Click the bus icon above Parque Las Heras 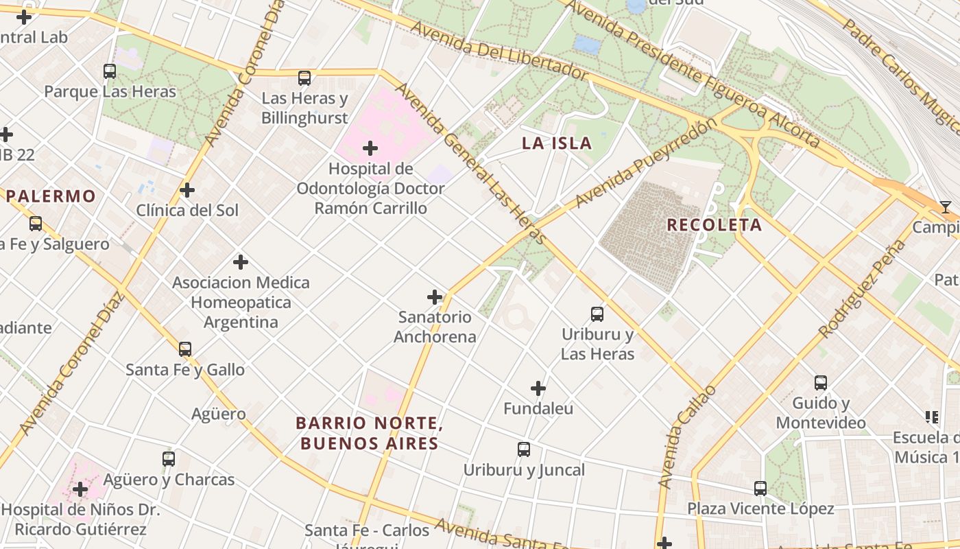[x=110, y=71]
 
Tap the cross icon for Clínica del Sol [x=187, y=190]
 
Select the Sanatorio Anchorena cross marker [x=435, y=297]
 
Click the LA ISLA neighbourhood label [x=557, y=143]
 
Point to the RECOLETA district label [x=714, y=225]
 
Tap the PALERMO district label [x=51, y=196]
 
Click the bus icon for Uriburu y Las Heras [x=597, y=314]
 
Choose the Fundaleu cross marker [x=538, y=388]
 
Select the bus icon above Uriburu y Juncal [x=524, y=449]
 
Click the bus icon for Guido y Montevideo [x=821, y=383]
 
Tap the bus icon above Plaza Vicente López [x=760, y=489]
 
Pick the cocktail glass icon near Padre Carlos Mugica [x=946, y=207]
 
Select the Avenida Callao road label [x=686, y=436]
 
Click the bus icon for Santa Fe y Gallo [x=185, y=349]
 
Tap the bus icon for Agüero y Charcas [x=169, y=459]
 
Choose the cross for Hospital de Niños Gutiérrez [x=80, y=490]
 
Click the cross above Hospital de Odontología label [x=370, y=148]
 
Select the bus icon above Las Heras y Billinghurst [x=304, y=78]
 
